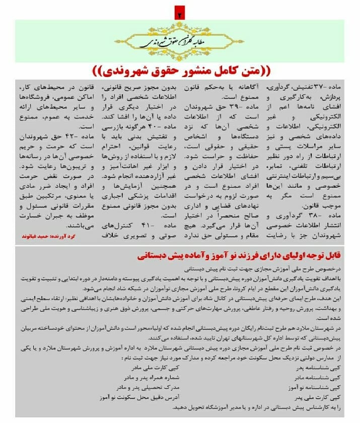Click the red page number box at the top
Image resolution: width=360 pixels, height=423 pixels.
coord(179,13)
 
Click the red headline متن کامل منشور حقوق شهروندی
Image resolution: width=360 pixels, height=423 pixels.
coord(180,68)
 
